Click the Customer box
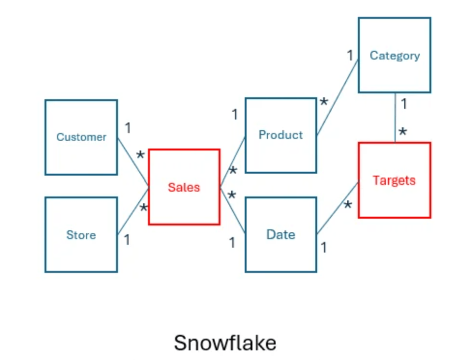click(81, 137)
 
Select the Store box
click(81, 235)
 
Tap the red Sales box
click(184, 187)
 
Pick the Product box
click(280, 135)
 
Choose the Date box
click(280, 235)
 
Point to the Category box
click(395, 55)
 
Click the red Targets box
click(394, 180)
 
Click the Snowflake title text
click(225, 343)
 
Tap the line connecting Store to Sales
click(132, 211)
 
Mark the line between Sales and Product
click(233, 162)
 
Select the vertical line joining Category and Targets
click(395, 118)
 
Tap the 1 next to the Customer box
click(128, 128)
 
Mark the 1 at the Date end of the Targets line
click(324, 248)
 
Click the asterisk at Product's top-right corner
click(324, 102)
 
